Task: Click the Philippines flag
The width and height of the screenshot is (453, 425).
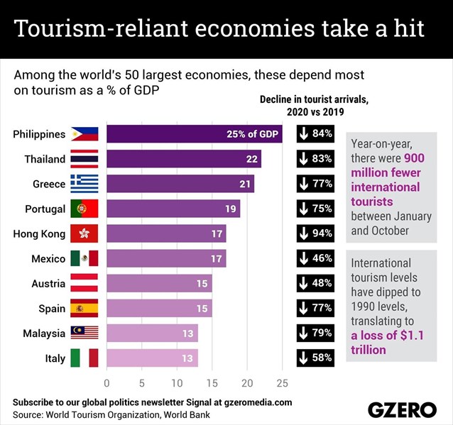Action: click(x=84, y=134)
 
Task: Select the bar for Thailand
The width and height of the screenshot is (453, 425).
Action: click(x=184, y=159)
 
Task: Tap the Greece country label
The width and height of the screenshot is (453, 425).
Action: click(x=49, y=184)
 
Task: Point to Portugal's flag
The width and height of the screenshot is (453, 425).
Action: click(x=84, y=209)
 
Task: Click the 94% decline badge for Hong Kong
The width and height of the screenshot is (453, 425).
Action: click(x=315, y=233)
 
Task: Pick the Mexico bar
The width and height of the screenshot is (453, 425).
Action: click(x=166, y=258)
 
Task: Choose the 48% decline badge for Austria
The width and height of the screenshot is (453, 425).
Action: click(x=315, y=283)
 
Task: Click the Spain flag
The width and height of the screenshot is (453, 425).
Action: click(x=84, y=309)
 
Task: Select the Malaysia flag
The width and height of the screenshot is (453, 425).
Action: click(x=84, y=333)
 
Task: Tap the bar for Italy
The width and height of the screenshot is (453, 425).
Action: click(x=152, y=358)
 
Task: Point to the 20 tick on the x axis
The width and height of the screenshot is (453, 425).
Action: click(x=247, y=384)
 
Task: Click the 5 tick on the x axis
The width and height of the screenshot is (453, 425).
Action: click(x=142, y=384)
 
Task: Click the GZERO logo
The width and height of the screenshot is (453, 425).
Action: click(x=402, y=409)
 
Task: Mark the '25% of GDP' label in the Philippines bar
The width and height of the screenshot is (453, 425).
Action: click(x=252, y=134)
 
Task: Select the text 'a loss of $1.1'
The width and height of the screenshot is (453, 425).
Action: click(x=388, y=336)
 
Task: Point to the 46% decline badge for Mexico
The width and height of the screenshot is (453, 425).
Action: click(x=315, y=258)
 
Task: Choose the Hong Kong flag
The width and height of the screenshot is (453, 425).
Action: click(x=84, y=233)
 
